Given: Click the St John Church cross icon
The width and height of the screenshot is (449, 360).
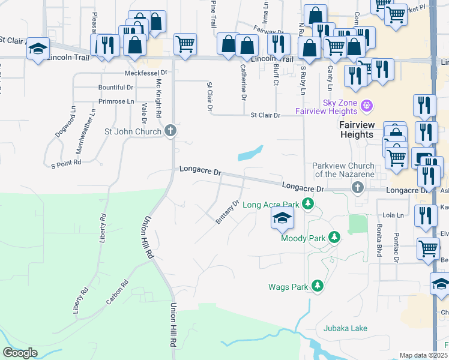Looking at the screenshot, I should click(x=170, y=131).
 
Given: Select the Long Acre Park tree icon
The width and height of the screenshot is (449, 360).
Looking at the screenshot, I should click(x=308, y=205).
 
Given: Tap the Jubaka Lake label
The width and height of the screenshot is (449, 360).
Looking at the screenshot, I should click(x=345, y=328).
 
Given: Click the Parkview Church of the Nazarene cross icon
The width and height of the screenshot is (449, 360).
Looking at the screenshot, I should click(x=358, y=188).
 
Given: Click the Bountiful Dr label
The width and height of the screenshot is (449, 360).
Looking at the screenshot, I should click(x=116, y=88).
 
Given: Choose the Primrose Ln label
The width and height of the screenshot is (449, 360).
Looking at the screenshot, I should click(x=116, y=101).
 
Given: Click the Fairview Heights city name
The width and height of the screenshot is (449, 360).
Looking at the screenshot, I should click(x=357, y=130).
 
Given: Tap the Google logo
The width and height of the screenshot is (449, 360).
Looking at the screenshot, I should click(x=20, y=353).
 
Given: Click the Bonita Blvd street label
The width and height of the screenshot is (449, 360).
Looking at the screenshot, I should click(x=379, y=239).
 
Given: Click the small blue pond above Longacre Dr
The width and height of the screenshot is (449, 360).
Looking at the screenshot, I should click(x=250, y=154).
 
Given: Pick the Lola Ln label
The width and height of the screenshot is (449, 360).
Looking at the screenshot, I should click(x=391, y=214).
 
